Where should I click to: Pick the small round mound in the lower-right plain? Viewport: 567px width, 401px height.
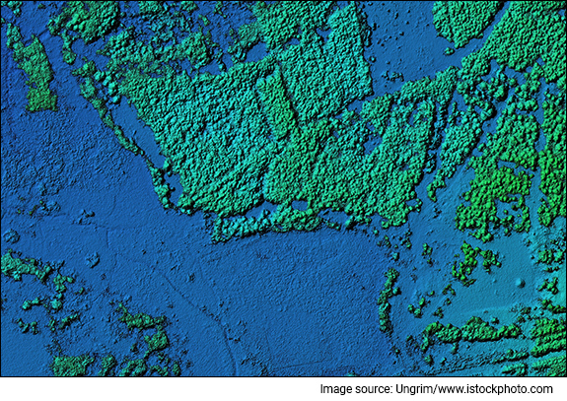pyautogui.click(x=521, y=283)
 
